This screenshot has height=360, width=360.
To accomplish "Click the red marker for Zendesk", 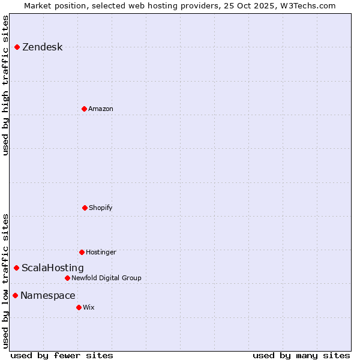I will click(x=17, y=47).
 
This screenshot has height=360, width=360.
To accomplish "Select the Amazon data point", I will click(x=84, y=109).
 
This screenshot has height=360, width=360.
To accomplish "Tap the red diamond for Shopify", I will click(x=85, y=208).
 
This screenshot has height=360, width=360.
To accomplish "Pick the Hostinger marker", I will click(x=82, y=252).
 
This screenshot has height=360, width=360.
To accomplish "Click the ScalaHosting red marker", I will click(x=16, y=268).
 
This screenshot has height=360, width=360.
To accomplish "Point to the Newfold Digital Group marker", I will click(x=67, y=278).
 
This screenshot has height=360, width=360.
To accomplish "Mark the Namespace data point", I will click(x=15, y=295).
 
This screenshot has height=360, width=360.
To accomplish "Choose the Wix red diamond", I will click(x=79, y=307).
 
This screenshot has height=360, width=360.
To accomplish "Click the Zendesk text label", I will click(x=42, y=47).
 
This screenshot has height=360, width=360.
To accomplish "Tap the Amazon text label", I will click(x=101, y=109).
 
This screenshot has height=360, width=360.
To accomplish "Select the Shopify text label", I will click(x=101, y=208).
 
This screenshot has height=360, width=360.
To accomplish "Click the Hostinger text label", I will click(x=101, y=252).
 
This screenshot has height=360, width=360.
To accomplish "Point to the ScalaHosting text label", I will click(x=53, y=268).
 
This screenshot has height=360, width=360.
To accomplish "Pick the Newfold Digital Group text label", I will click(x=107, y=278).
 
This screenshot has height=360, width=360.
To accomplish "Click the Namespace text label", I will click(x=48, y=296).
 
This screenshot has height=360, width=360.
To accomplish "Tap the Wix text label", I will click(x=89, y=307).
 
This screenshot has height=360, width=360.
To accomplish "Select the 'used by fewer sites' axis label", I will click(x=62, y=355).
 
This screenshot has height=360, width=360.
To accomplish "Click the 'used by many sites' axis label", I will click(x=301, y=355).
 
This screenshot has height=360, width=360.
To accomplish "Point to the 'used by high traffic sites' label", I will click(x=6, y=85).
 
